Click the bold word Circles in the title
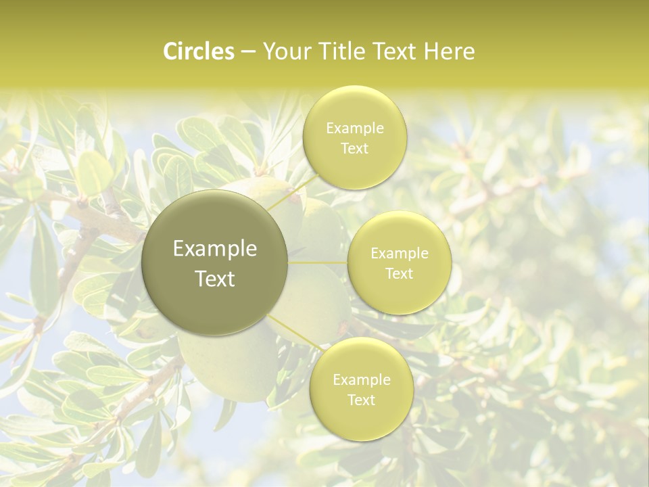pos(199,51)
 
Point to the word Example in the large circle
pos(215,249)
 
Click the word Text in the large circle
pos(215,278)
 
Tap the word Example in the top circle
pos(354,128)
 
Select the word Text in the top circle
pos(354,148)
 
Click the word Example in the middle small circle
pos(399,254)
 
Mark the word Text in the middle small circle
pos(399,273)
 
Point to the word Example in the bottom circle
pos(361,379)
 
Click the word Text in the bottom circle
pos(361,400)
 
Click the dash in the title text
pos(247,51)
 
